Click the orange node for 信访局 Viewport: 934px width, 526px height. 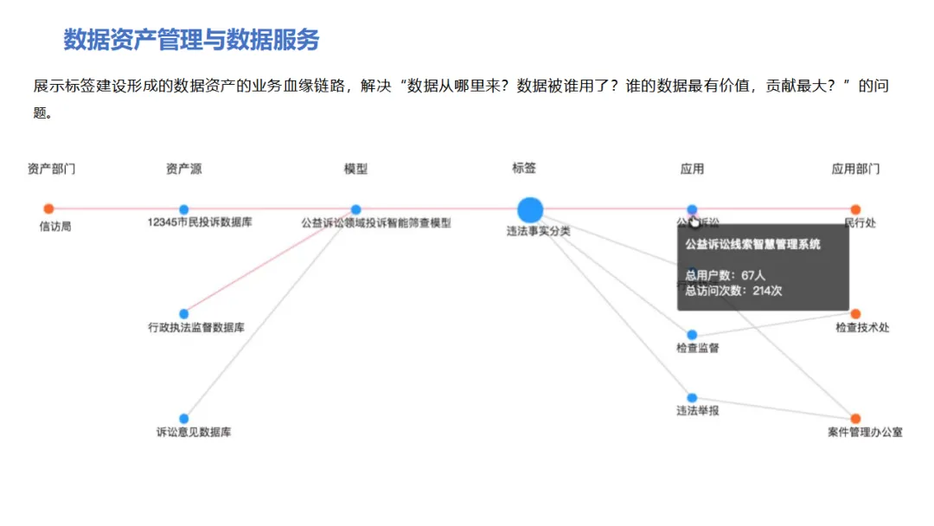tap(48, 208)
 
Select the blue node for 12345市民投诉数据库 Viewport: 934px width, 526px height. tap(183, 209)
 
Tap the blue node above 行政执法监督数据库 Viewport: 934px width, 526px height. tap(183, 313)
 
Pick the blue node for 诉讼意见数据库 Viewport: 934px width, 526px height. tap(183, 419)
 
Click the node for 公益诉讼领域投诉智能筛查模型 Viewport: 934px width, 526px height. tap(355, 209)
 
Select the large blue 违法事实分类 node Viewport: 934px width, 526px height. tap(530, 209)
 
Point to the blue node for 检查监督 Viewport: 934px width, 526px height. tap(692, 334)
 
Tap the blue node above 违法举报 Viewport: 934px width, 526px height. tap(692, 398)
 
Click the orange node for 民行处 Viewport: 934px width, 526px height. tap(855, 209)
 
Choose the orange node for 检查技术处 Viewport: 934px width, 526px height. tap(855, 314)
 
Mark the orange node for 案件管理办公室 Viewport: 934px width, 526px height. tap(855, 419)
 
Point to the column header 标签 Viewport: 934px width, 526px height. tap(524, 169)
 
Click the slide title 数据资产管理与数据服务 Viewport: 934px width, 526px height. tap(191, 40)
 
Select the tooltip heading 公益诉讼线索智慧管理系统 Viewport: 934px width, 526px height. tap(752, 245)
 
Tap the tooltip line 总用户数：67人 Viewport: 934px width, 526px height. tap(725, 275)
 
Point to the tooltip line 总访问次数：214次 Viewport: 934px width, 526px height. tap(733, 291)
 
